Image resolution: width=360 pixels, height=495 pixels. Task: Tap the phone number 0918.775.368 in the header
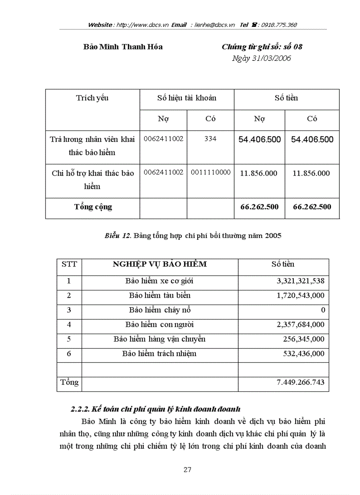click(x=279, y=25)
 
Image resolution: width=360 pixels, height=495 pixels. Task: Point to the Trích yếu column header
click(x=92, y=98)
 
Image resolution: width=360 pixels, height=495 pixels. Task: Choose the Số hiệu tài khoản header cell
click(x=187, y=98)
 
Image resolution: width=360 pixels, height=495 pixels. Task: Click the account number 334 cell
click(x=210, y=139)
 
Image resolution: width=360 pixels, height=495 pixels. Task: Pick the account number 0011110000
click(x=210, y=172)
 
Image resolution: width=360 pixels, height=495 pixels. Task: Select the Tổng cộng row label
click(x=93, y=207)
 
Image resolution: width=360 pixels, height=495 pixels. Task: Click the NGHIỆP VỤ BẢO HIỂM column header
click(x=160, y=264)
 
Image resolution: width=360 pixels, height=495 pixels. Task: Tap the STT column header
click(x=69, y=264)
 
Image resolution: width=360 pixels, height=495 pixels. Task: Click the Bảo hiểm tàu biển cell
click(x=160, y=295)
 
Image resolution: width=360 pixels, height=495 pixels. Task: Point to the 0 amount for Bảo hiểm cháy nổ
click(x=323, y=310)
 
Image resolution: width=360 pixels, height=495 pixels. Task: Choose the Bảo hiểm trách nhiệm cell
click(x=159, y=354)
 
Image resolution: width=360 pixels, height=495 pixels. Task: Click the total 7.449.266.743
click(x=300, y=383)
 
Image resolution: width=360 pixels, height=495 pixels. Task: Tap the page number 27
click(x=187, y=470)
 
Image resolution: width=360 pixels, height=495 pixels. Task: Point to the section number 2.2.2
click(x=80, y=409)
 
